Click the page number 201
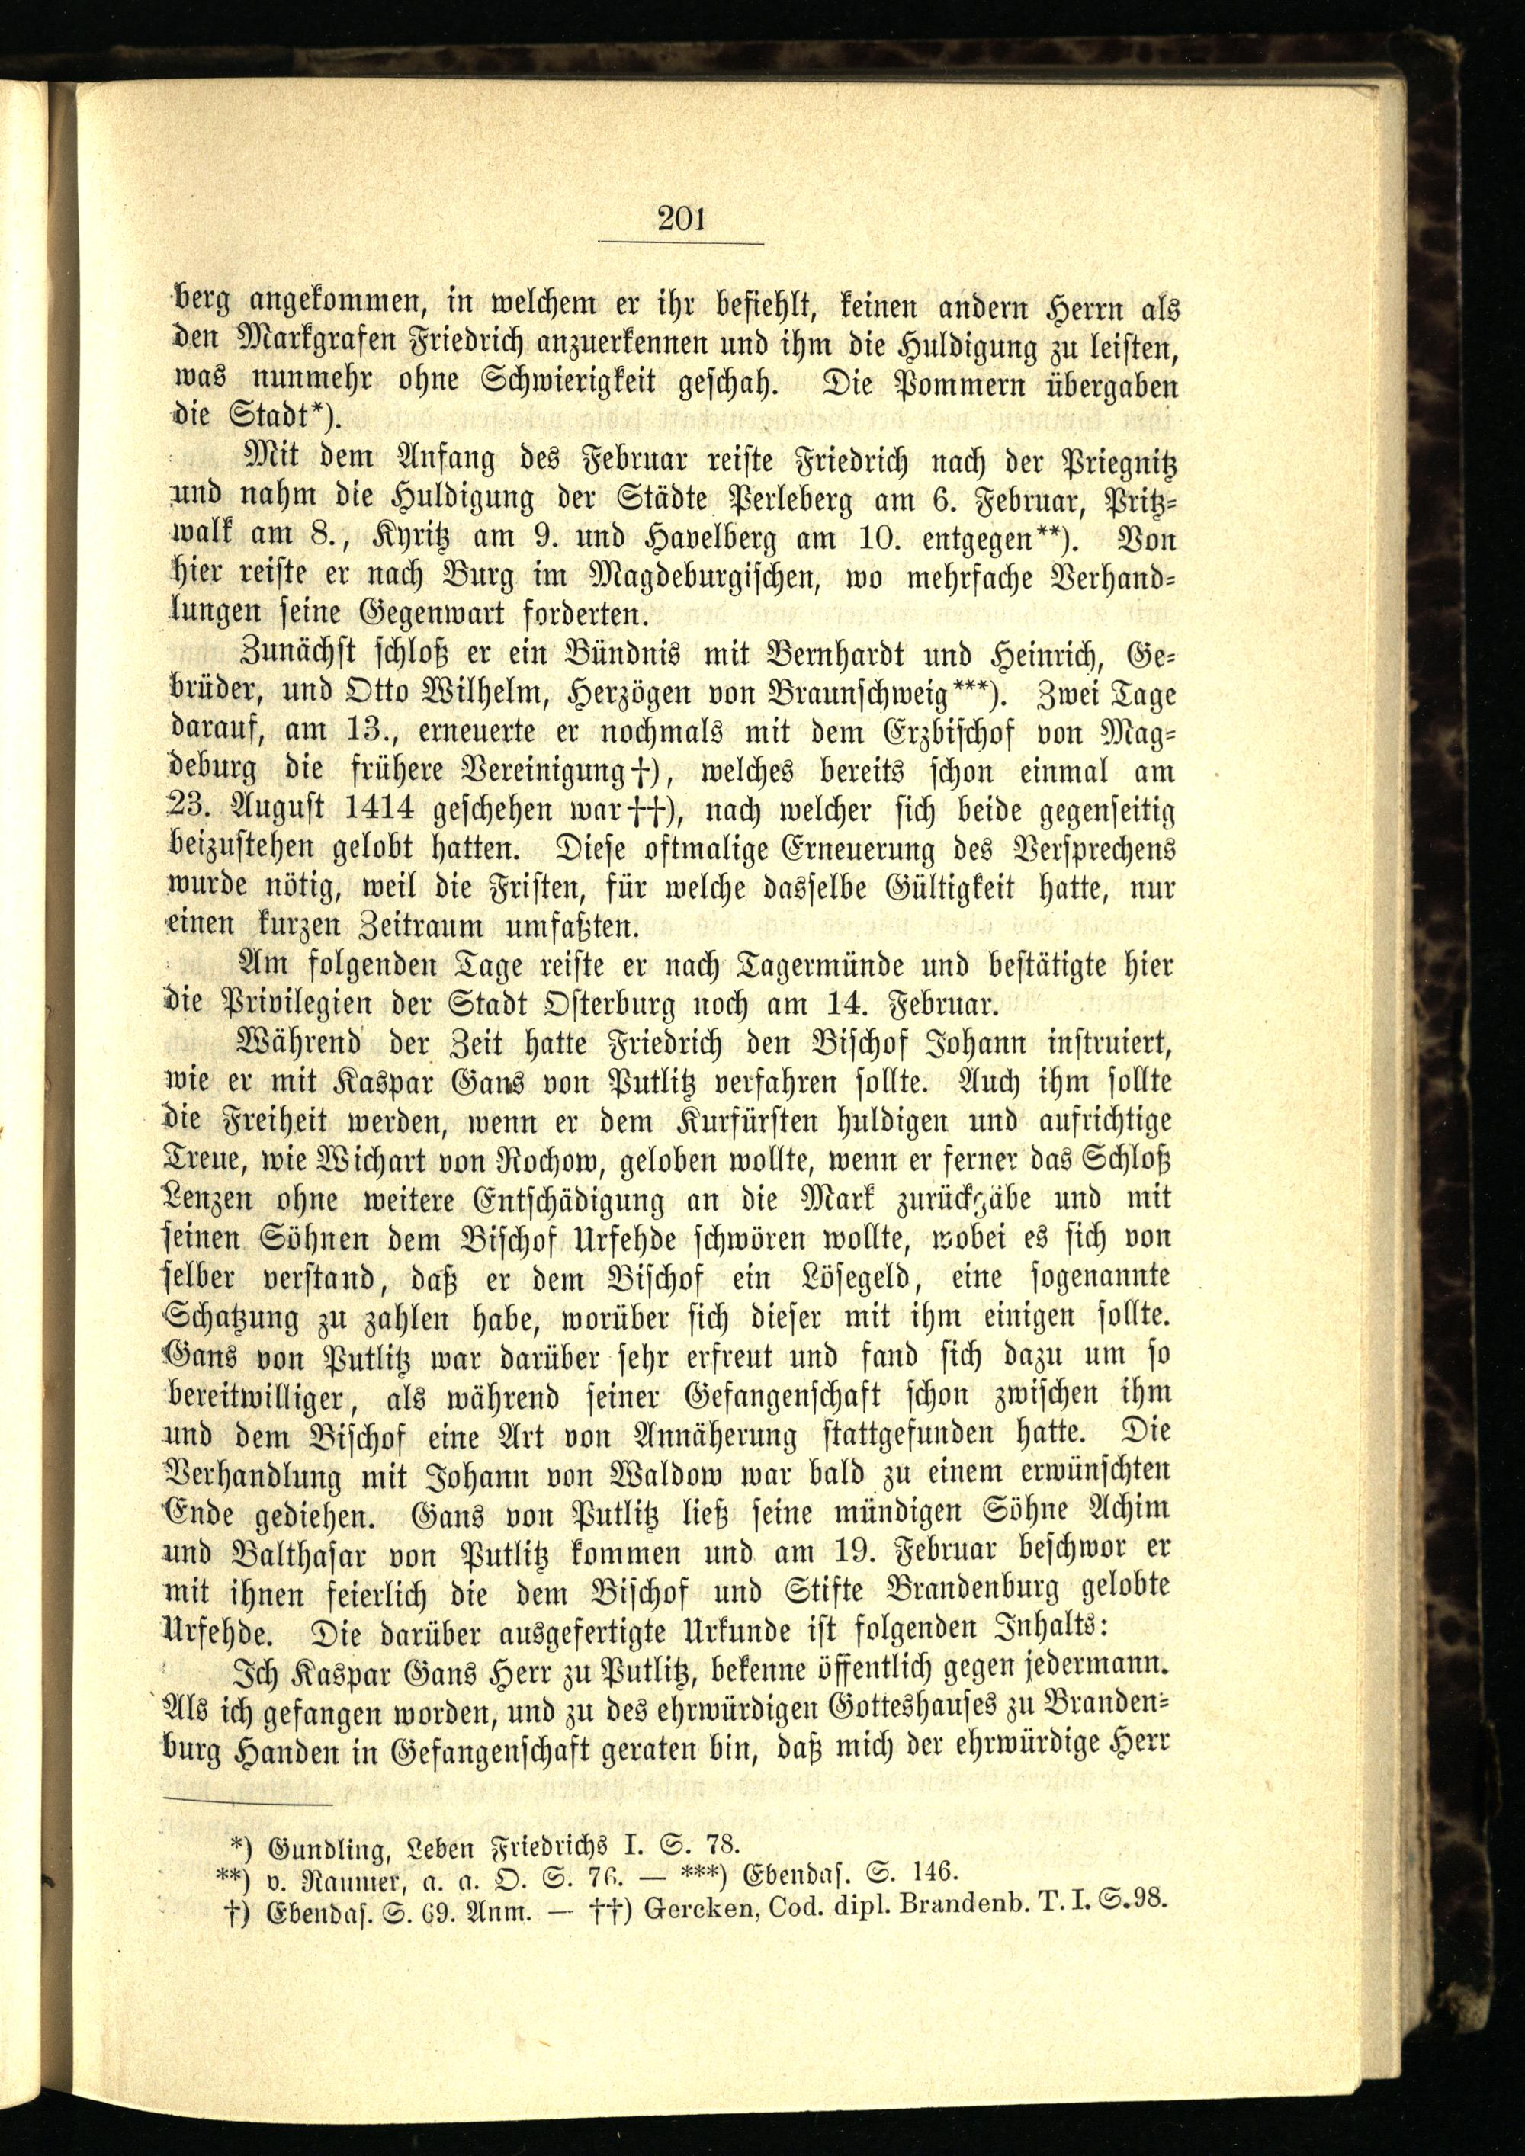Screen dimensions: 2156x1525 681,220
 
